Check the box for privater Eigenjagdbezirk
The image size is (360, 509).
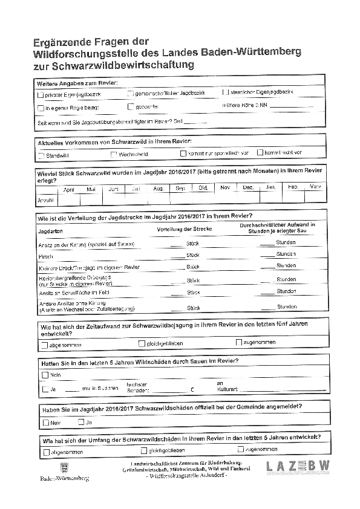[x=41, y=95]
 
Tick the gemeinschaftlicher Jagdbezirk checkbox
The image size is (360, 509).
[x=130, y=94]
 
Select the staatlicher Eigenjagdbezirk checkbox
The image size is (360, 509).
[x=226, y=92]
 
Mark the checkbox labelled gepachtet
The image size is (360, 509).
[x=130, y=107]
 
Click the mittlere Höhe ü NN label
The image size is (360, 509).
[x=245, y=105]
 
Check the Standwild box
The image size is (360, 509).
[x=41, y=155]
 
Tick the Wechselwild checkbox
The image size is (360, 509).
[x=114, y=154]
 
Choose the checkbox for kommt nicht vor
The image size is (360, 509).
[x=260, y=152]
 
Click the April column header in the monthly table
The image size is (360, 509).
[x=69, y=189]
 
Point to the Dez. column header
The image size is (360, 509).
[x=248, y=187]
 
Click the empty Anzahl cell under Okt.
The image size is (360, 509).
[x=203, y=198]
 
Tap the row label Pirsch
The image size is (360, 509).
[x=45, y=256]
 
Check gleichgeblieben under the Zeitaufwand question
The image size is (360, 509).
[x=142, y=343]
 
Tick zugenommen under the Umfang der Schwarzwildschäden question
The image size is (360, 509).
[x=241, y=449]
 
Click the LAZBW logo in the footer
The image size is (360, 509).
[x=298, y=466]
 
